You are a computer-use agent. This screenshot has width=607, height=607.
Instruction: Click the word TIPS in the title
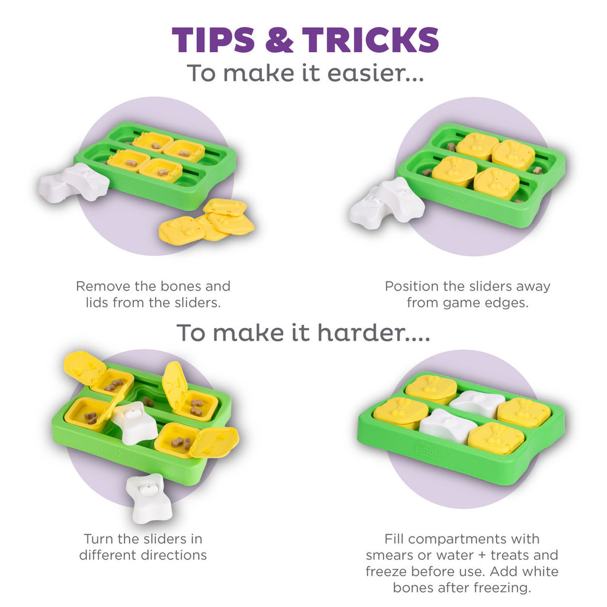pos(213,40)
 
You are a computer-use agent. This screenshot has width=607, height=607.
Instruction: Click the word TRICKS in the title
pos(370,40)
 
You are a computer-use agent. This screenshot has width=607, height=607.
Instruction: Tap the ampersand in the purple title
pos(279,40)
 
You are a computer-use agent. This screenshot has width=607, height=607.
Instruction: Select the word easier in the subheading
pos(376,72)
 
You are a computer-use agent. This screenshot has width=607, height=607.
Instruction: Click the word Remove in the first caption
pos(103,286)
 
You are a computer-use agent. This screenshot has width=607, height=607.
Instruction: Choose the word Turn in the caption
pos(99,539)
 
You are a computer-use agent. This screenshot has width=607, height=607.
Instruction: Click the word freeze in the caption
pos(386,571)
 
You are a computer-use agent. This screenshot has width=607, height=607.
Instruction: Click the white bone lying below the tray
pos(149,499)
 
